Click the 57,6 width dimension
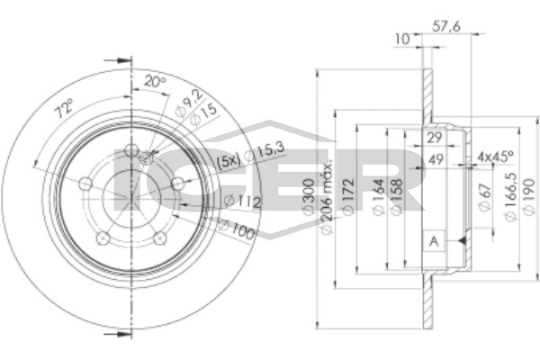pos(446,26)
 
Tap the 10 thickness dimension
pos(402,39)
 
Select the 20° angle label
pos(154,82)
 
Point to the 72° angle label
pos(65,107)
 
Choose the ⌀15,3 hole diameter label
pos(265,152)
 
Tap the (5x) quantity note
pos(228,161)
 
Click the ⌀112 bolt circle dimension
pos(242,202)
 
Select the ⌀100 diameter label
pos(237,229)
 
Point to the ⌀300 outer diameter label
pos(309,196)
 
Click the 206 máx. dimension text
pos(327,197)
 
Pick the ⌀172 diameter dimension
pos(347,196)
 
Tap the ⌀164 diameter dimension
pos(378,197)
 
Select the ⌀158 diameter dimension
pos(397,197)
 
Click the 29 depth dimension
pos(435,138)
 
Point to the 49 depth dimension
pos(436,159)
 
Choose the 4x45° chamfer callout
pos(495,157)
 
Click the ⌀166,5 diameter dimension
pos(510,197)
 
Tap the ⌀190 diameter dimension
pos(529,196)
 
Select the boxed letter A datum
pos(434,241)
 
